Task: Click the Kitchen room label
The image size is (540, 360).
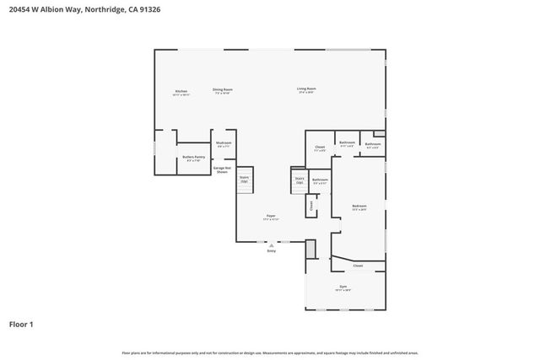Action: pos(181,91)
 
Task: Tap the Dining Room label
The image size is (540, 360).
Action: pos(223,89)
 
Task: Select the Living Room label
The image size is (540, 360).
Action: pos(305,89)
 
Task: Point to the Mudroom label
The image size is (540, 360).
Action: pos(224,143)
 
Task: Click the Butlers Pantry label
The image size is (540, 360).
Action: pos(194,157)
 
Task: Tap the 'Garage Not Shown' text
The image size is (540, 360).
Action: pos(222,169)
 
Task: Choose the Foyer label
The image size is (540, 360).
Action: pos(271,216)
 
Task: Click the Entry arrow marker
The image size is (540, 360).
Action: pos(271,244)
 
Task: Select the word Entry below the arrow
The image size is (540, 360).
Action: pos(271,251)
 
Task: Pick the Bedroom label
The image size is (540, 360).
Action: pos(359,206)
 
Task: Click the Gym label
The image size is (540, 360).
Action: pos(344,287)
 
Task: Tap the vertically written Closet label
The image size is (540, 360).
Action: pos(310,204)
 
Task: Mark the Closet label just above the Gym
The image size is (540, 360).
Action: pos(358,266)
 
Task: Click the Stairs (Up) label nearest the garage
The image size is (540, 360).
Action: pos(244,179)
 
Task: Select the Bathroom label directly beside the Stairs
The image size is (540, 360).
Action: pos(320,180)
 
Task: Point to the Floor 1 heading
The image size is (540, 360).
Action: pos(21,324)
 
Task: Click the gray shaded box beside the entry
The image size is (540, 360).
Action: pos(310,249)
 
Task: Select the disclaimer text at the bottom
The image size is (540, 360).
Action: pos(270,352)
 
